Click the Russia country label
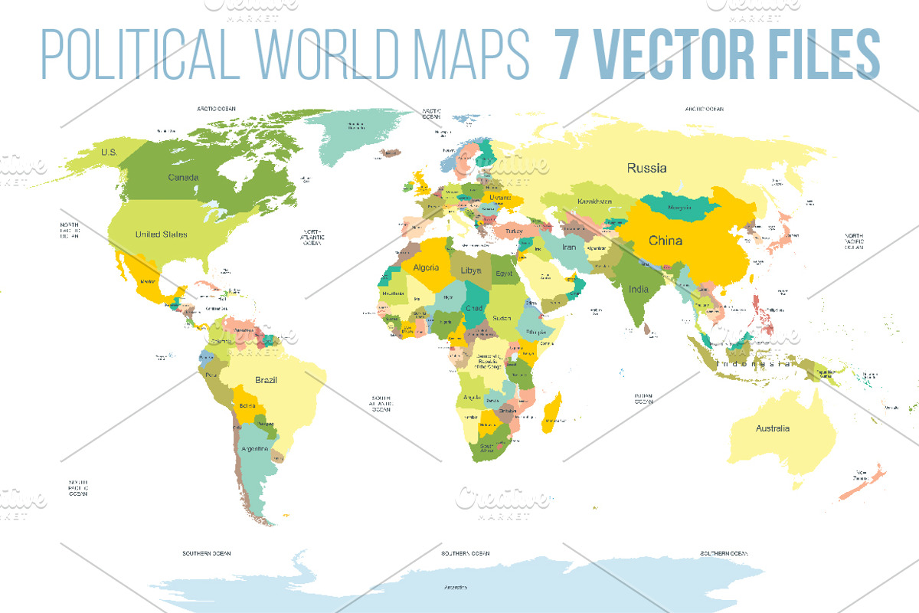coord(646,168)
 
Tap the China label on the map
coord(665,241)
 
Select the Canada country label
coord(183,178)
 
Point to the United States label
coord(161,234)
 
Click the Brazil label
coord(266,380)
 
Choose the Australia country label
coord(772,428)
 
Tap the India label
coord(639,289)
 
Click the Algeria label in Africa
coord(426,267)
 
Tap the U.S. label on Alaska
coord(110,152)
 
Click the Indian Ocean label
coord(643,398)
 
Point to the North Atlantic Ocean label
coord(312,238)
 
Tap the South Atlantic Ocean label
coord(381,404)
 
